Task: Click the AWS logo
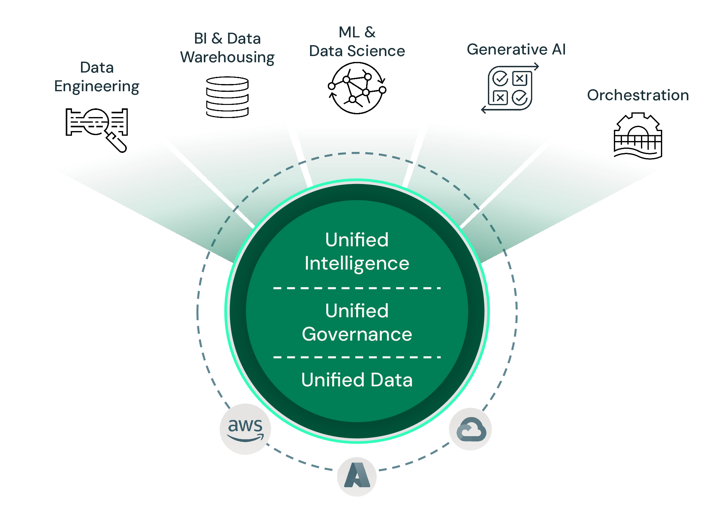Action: (x=245, y=429)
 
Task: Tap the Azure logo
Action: (x=356, y=476)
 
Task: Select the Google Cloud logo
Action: (x=471, y=429)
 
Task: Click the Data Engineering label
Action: (x=97, y=77)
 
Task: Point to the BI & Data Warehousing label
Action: (x=227, y=48)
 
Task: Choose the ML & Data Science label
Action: (x=357, y=41)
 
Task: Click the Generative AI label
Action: (x=516, y=49)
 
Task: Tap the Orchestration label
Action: (x=638, y=95)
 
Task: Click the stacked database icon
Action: (x=227, y=97)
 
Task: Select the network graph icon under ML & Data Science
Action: (x=357, y=88)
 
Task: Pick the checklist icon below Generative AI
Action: (x=510, y=88)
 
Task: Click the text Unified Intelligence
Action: (x=357, y=251)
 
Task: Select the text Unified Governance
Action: (x=357, y=323)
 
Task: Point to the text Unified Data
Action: (x=357, y=380)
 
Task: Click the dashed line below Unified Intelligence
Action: (x=357, y=288)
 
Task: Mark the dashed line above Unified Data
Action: (x=357, y=357)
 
